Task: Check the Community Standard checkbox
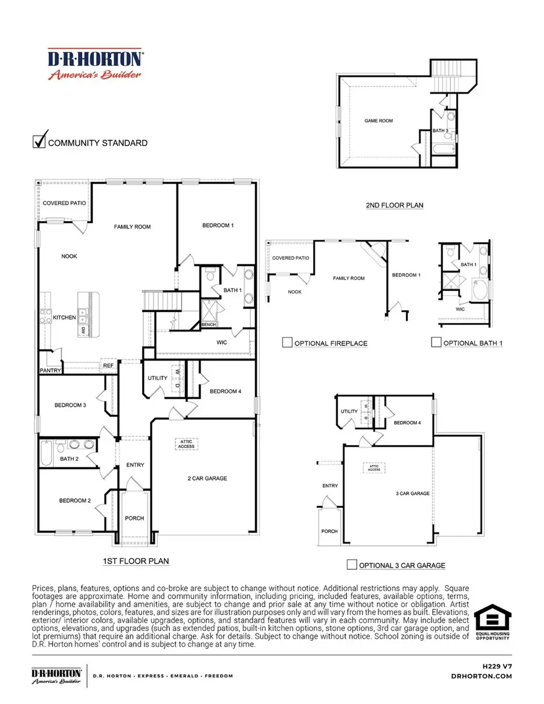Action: pos(39,141)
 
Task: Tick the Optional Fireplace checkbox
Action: pos(288,343)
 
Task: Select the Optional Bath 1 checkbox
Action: pos(436,342)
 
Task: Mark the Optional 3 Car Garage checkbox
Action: pos(351,565)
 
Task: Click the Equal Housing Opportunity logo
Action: pos(492,623)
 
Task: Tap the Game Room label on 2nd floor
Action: pos(378,121)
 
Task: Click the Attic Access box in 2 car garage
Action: pos(186,444)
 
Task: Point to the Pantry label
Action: pos(50,371)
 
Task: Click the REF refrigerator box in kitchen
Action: pos(108,366)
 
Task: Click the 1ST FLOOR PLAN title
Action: pos(135,561)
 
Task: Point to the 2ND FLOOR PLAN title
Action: pos(394,205)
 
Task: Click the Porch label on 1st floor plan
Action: pos(134,518)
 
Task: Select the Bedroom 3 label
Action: pos(70,405)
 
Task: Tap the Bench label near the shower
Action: pos(209,325)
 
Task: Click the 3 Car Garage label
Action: pos(412,493)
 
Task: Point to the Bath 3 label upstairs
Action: pos(440,130)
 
